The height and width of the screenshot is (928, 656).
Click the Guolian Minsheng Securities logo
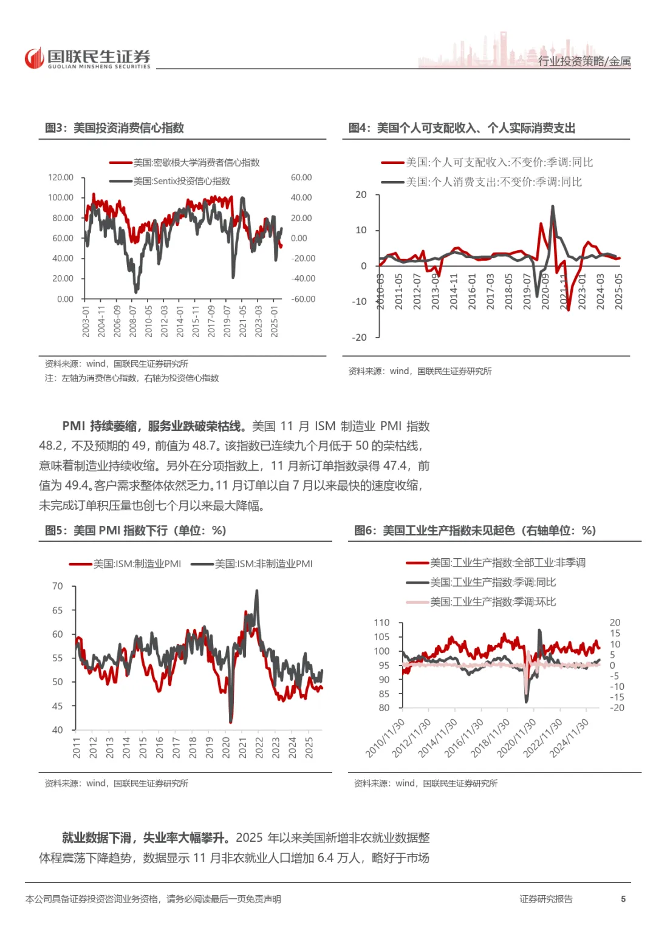pyautogui.click(x=87, y=58)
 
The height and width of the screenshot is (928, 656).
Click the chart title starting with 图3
pyautogui.click(x=114, y=128)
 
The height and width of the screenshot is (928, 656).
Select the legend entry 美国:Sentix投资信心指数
pyautogui.click(x=182, y=181)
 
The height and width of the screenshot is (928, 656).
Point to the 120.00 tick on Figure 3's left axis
pyautogui.click(x=61, y=177)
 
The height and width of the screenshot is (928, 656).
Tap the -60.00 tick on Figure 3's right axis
pyautogui.click(x=303, y=299)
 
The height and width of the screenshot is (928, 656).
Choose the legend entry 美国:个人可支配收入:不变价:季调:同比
pyautogui.click(x=499, y=162)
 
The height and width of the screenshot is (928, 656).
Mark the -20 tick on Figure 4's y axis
pyautogui.click(x=360, y=337)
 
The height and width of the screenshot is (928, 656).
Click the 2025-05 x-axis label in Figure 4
pyautogui.click(x=618, y=292)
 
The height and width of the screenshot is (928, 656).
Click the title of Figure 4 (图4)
pyautogui.click(x=462, y=128)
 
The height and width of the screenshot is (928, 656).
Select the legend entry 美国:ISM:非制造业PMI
pyautogui.click(x=264, y=564)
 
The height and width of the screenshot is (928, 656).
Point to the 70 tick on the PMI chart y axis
pyautogui.click(x=58, y=586)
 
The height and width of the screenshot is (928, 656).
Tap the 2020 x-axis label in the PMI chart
pyautogui.click(x=226, y=747)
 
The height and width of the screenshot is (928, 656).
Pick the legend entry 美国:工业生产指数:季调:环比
pyautogui.click(x=493, y=602)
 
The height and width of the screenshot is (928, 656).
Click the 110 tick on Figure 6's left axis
pyautogui.click(x=381, y=623)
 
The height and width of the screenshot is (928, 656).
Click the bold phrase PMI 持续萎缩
pyautogui.click(x=100, y=426)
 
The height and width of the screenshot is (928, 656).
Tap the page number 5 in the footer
pyautogui.click(x=623, y=899)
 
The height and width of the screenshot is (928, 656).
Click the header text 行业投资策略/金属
pyautogui.click(x=584, y=61)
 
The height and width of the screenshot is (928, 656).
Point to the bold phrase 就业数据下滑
pyautogui.click(x=97, y=838)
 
